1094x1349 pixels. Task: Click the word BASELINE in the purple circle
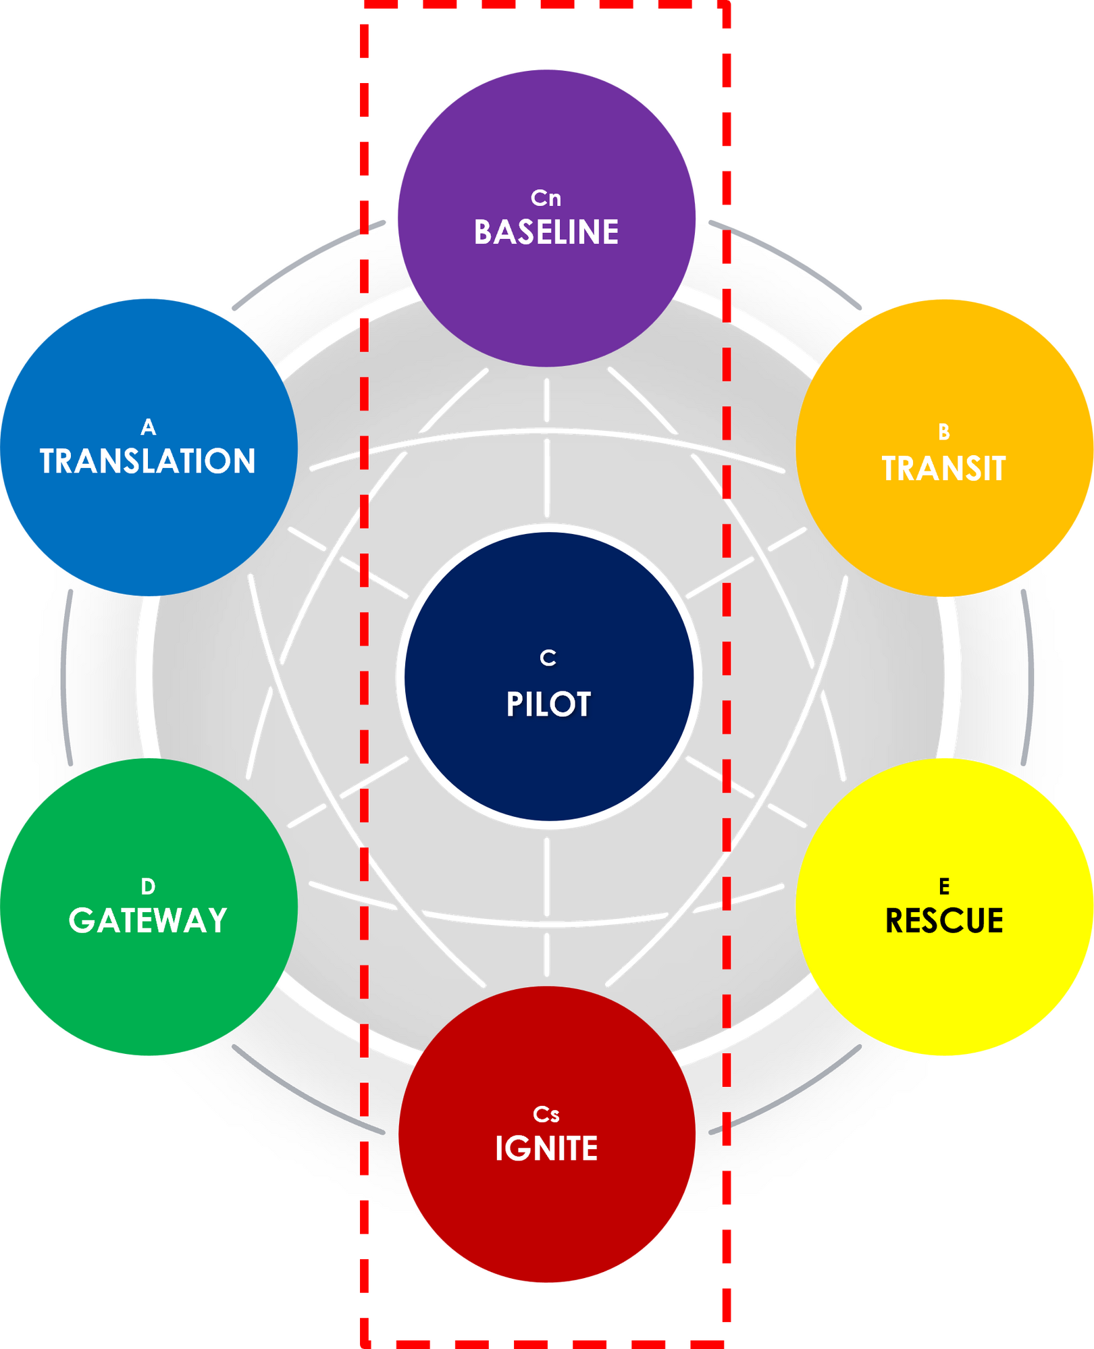[x=546, y=232]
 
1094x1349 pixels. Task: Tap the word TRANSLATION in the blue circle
[x=148, y=461]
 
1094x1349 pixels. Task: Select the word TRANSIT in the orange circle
[x=944, y=469]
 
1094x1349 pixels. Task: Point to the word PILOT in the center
[x=548, y=704]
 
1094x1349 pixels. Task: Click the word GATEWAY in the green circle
[x=148, y=920]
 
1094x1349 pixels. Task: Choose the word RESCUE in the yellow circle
[x=944, y=921]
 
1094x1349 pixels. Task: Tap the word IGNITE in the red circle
[x=546, y=1148]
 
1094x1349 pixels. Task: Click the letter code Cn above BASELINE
[x=546, y=198]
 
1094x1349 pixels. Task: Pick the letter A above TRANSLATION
[x=149, y=427]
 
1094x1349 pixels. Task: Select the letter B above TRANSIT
[x=944, y=432]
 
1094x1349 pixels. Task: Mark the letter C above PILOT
[x=548, y=658]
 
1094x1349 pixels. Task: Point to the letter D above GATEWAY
[x=148, y=886]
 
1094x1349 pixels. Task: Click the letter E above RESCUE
[x=944, y=886]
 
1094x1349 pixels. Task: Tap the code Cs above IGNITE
[x=546, y=1114]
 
